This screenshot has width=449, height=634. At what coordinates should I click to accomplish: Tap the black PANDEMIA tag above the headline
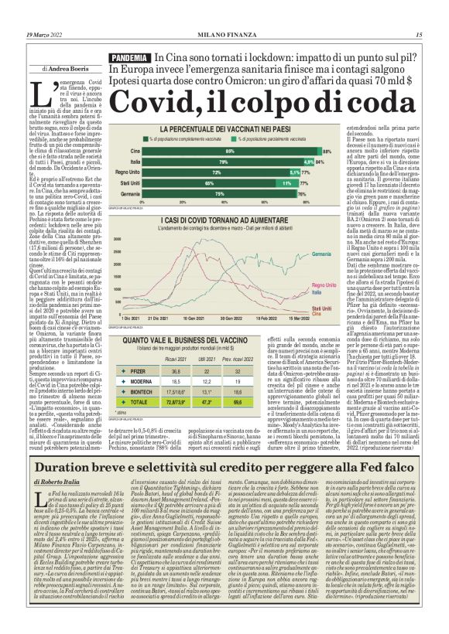[129, 59]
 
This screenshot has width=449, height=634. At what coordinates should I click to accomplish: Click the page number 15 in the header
[418, 35]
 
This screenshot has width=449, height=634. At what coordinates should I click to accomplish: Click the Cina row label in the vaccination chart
[135, 150]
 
